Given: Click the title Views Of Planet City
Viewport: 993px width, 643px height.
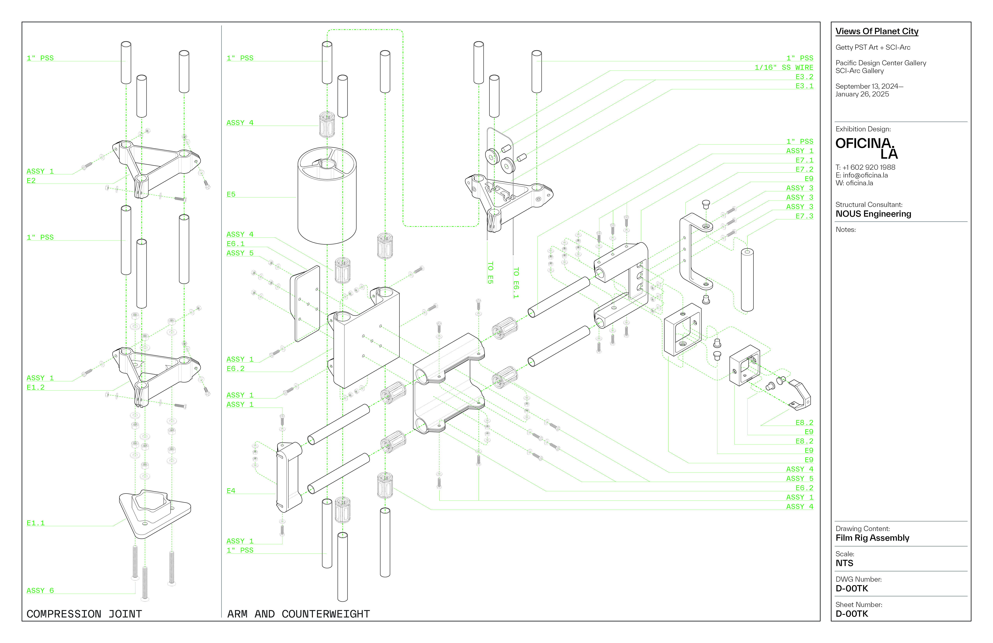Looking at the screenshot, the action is click(877, 31).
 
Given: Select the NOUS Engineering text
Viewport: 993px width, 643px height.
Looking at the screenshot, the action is click(873, 214).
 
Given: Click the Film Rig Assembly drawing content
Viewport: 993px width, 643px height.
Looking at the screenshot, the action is click(872, 538).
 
